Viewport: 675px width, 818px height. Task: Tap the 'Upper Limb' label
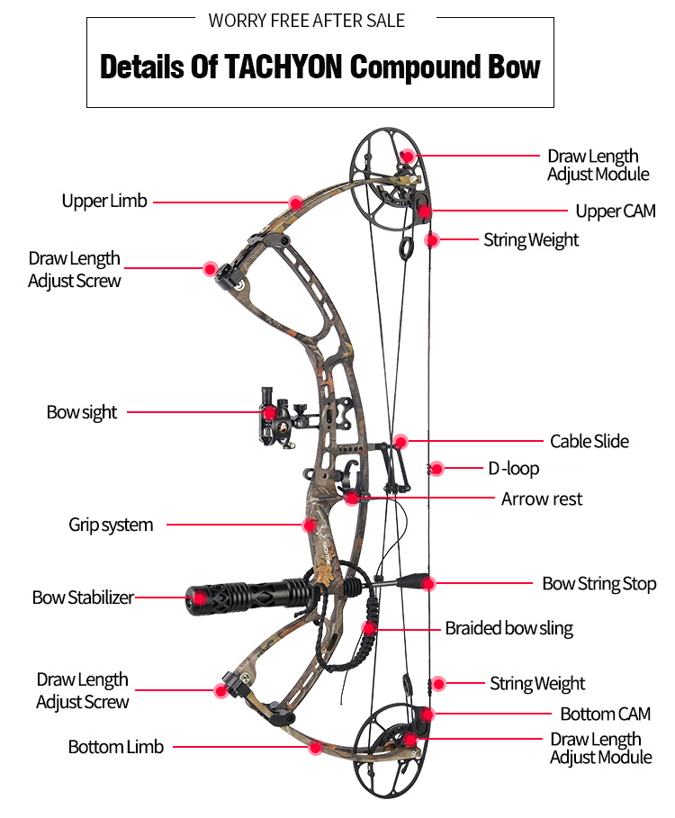tap(104, 201)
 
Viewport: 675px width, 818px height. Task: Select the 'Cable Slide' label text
tap(589, 441)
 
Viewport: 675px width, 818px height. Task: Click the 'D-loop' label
tap(513, 469)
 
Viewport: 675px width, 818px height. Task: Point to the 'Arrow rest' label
tap(542, 499)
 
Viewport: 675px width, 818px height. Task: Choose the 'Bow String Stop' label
tap(599, 584)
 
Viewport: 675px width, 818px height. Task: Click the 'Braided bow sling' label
tap(508, 628)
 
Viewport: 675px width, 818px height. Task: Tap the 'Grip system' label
tap(111, 525)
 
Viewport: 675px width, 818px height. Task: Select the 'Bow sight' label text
tap(82, 412)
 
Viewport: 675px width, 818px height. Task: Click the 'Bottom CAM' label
tap(605, 714)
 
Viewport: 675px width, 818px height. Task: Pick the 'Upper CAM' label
tap(616, 211)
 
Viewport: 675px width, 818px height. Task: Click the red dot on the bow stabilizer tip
tap(199, 598)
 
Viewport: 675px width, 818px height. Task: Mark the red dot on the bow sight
tap(270, 413)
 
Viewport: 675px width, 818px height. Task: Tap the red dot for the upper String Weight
tap(431, 240)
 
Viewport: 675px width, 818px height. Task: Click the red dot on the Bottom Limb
tap(315, 747)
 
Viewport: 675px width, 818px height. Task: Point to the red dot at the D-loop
tap(436, 469)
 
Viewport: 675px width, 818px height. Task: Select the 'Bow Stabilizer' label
tap(83, 598)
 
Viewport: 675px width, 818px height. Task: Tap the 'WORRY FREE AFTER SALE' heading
tap(307, 21)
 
